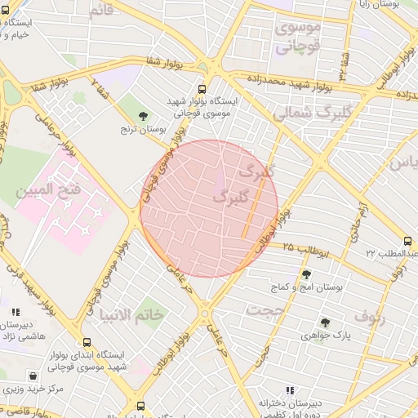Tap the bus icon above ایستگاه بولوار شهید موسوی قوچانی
point(202,90)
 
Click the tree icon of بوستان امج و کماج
point(306,275)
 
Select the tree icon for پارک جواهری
point(325,322)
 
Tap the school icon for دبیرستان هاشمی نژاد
point(15,311)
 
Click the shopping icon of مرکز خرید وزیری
point(32,376)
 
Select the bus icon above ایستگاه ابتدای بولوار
point(87,343)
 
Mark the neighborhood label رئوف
point(370,315)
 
